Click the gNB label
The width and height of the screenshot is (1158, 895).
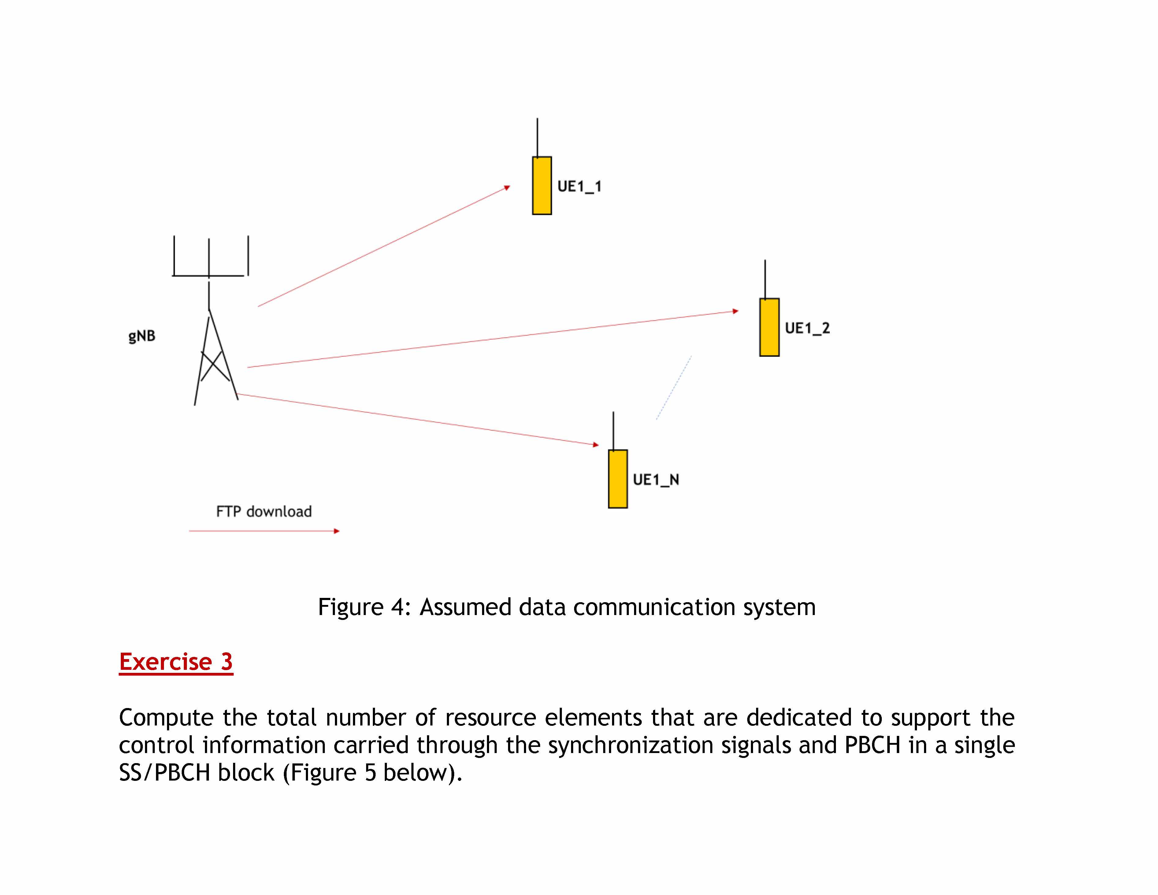pyautogui.click(x=142, y=336)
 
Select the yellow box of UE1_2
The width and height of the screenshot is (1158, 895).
pyautogui.click(x=769, y=327)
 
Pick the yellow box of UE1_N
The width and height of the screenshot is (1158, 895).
pyautogui.click(x=618, y=479)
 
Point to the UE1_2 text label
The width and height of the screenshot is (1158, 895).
pyautogui.click(x=807, y=328)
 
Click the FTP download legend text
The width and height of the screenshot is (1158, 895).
pyautogui.click(x=264, y=511)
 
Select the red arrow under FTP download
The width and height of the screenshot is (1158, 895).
pyautogui.click(x=264, y=531)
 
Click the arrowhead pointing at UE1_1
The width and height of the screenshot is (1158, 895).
pyautogui.click(x=507, y=188)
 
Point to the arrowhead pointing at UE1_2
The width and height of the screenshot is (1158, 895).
pyautogui.click(x=735, y=311)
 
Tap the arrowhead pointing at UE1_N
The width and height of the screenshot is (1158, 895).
pyautogui.click(x=596, y=445)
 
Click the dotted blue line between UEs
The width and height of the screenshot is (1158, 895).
pyautogui.click(x=674, y=387)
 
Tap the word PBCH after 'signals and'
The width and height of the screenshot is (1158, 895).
pyautogui.click(x=872, y=745)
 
